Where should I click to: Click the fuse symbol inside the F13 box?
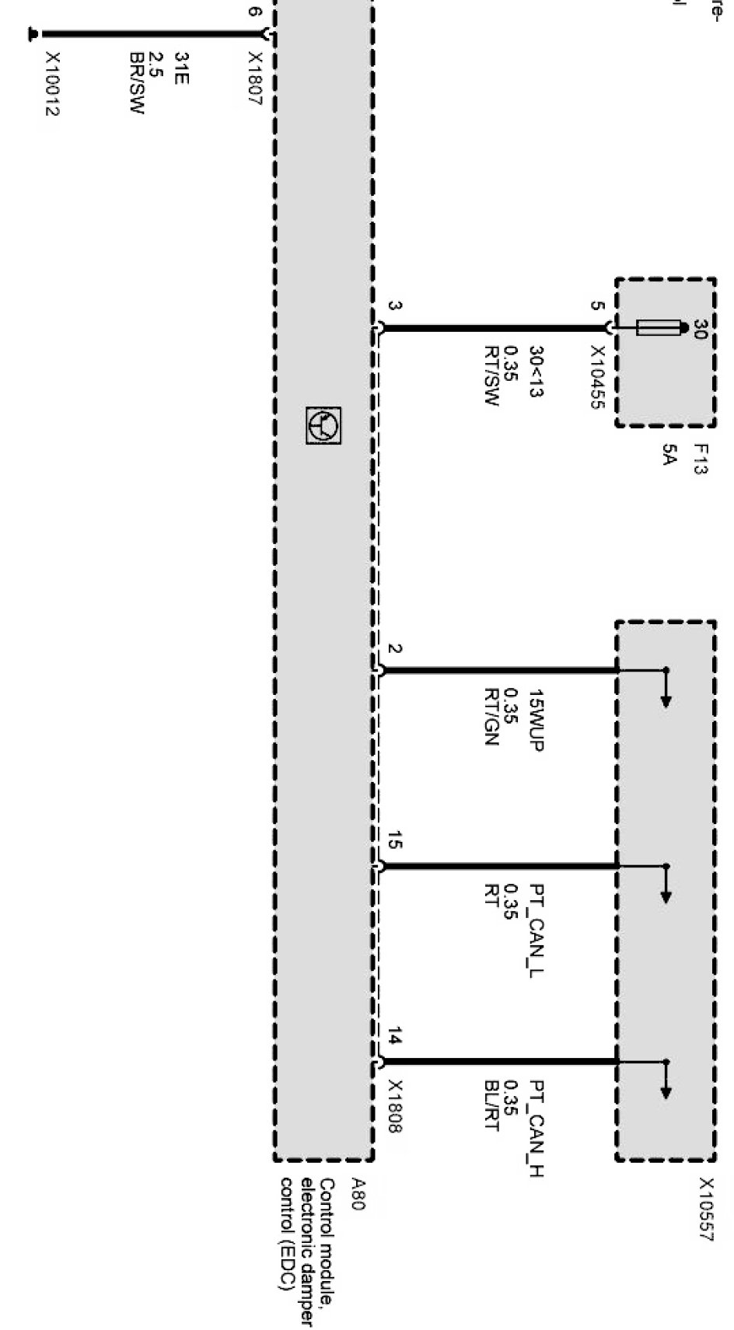658,327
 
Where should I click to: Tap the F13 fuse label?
701,459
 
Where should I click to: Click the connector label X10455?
598,379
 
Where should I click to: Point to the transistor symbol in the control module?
323,425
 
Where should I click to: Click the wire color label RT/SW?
491,377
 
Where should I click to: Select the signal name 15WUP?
535,720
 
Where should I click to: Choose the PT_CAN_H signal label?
535,1128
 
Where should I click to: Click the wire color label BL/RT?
491,1105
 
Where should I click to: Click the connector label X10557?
705,1209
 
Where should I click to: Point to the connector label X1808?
395,1106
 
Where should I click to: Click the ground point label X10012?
52,84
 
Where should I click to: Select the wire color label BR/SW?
137,84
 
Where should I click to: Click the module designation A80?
356,1194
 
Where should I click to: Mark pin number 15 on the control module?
394,840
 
